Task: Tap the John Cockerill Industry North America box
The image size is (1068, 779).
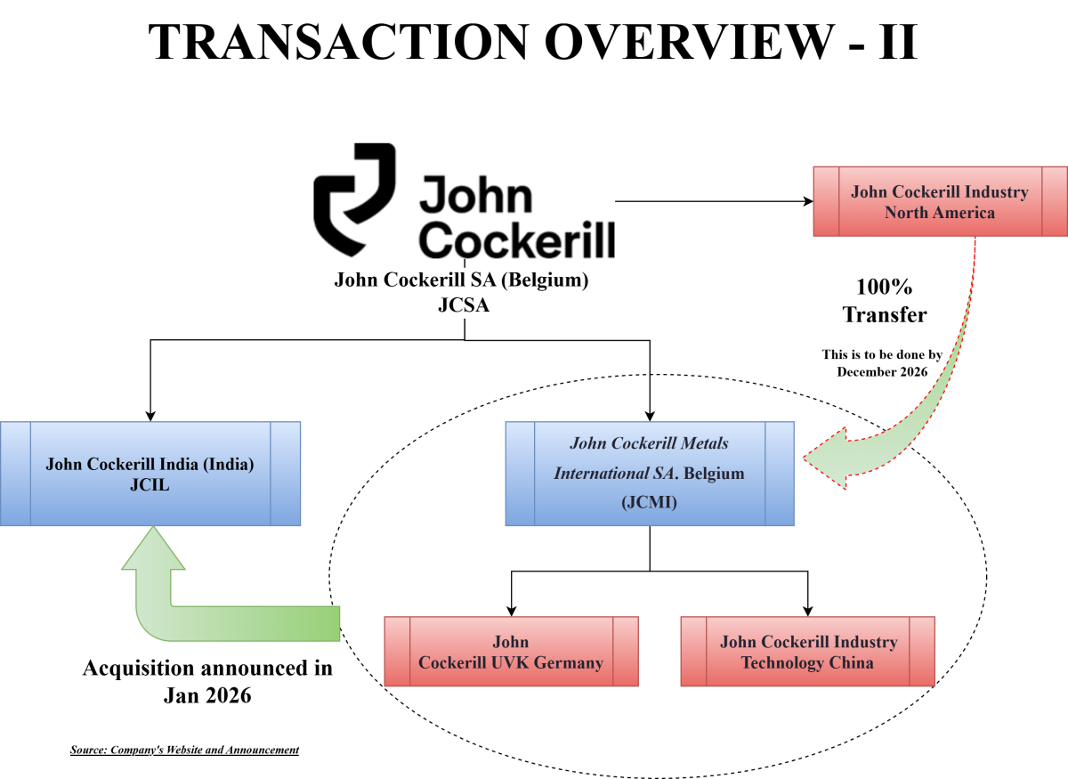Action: point(940,202)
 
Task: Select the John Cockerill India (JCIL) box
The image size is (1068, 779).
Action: point(150,474)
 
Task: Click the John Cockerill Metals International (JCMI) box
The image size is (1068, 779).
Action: point(649,473)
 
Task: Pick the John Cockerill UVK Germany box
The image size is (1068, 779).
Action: point(511,652)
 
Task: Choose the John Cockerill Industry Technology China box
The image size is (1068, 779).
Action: point(807,652)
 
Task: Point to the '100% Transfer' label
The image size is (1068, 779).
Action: point(885,301)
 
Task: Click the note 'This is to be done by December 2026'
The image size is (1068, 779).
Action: point(881,362)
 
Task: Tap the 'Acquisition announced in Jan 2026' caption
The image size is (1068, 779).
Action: point(207,681)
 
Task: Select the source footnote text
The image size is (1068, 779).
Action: point(184,750)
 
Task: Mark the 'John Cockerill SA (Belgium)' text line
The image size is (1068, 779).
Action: point(461,280)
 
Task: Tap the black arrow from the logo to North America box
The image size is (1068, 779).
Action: point(712,201)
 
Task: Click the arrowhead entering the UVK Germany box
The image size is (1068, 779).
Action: point(511,610)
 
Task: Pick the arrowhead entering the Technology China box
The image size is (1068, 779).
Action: point(807,610)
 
